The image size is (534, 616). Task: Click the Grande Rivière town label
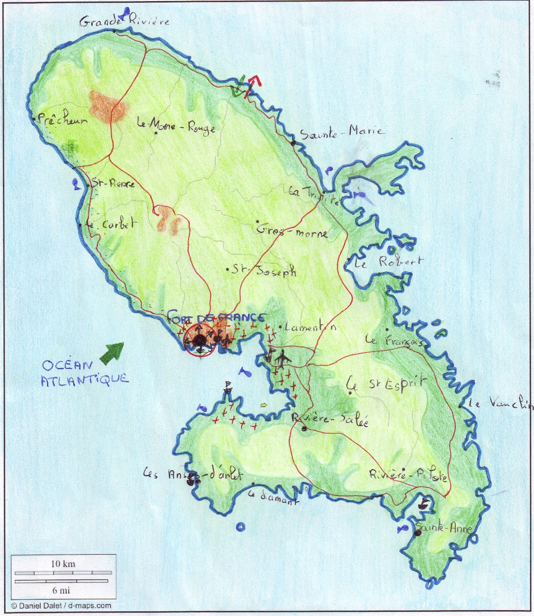point(124,21)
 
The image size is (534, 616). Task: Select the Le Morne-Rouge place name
point(176,126)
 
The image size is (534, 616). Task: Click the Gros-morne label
point(292,230)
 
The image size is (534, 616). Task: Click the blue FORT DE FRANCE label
point(216,318)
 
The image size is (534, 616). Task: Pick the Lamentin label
point(310,327)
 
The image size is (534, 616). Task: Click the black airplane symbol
point(283,358)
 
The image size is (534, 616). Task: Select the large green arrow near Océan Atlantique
point(112,352)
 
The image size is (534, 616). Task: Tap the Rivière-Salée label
point(330,419)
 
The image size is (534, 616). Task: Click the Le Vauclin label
point(500,403)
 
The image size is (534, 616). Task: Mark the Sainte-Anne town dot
point(418,533)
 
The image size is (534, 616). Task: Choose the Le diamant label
point(273,497)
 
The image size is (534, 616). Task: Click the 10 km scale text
point(64,564)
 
